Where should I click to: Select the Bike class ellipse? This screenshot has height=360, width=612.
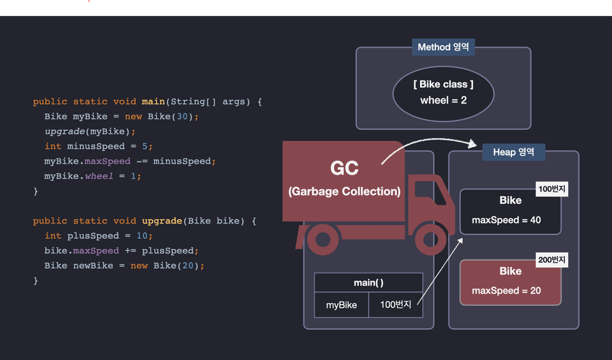(443, 92)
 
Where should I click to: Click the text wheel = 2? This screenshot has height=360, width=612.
(443, 101)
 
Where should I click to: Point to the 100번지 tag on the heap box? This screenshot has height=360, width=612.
(551, 189)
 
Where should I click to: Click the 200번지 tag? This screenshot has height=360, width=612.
(551, 260)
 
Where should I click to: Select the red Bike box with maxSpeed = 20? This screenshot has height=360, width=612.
(510, 282)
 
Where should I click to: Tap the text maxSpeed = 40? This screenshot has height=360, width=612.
(506, 220)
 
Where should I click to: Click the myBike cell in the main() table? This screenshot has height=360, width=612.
(341, 305)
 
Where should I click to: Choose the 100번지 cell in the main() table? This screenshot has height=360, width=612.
(395, 305)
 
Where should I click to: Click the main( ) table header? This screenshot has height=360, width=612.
(368, 282)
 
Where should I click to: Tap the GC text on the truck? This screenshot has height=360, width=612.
(344, 168)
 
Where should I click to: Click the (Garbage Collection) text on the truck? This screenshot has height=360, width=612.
(344, 191)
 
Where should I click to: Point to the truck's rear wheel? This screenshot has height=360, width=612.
(323, 240)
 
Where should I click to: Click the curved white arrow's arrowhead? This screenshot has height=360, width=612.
(472, 144)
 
